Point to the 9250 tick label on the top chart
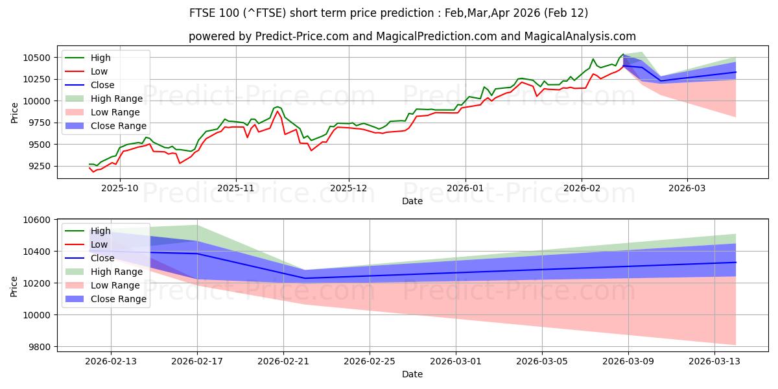[41, 166]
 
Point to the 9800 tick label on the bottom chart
[41, 347]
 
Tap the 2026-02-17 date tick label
[197, 362]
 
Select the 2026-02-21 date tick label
[283, 362]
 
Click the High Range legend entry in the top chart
[117, 99]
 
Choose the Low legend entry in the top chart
[99, 71]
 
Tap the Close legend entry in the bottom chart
[102, 258]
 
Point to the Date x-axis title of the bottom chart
[412, 374]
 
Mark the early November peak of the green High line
[277, 106]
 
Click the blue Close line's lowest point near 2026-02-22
[305, 278]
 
